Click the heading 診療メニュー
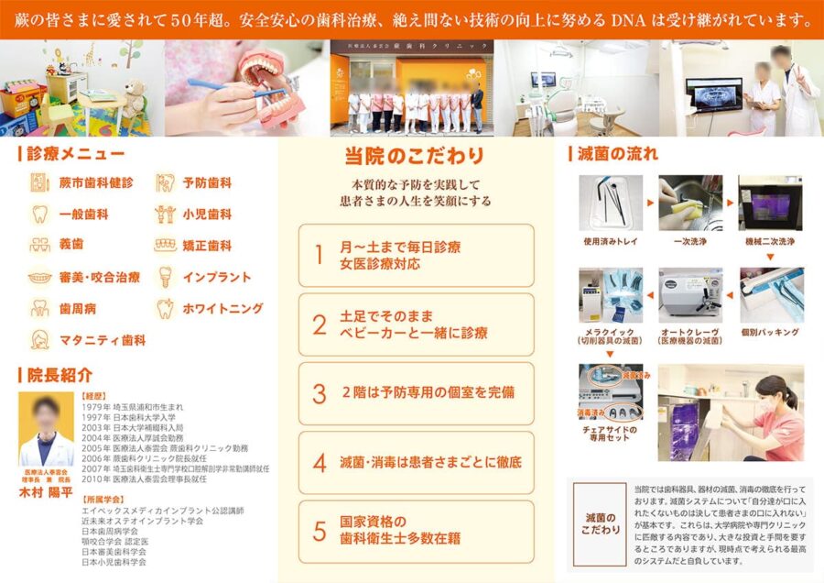(x=75, y=154)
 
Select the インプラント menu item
(x=215, y=278)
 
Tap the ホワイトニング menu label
(x=222, y=309)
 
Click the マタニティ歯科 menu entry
(x=102, y=340)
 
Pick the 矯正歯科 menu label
(x=206, y=246)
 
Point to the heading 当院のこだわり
(x=414, y=156)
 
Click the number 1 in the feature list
(x=319, y=255)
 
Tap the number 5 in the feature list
(x=319, y=531)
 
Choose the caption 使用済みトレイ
(x=610, y=242)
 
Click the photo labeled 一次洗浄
(x=690, y=203)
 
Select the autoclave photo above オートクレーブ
(x=690, y=295)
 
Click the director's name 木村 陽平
(x=47, y=490)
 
